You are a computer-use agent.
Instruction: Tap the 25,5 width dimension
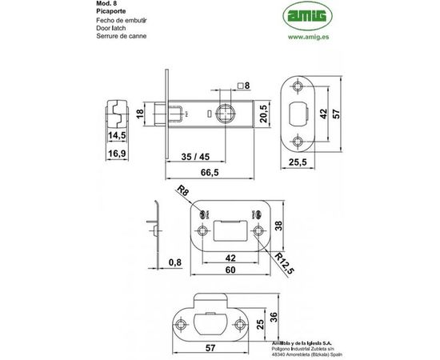coord(297,162)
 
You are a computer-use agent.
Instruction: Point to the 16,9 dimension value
coord(118,152)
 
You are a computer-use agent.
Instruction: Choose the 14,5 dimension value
coord(118,136)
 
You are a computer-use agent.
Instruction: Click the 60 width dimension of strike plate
coord(230,270)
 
